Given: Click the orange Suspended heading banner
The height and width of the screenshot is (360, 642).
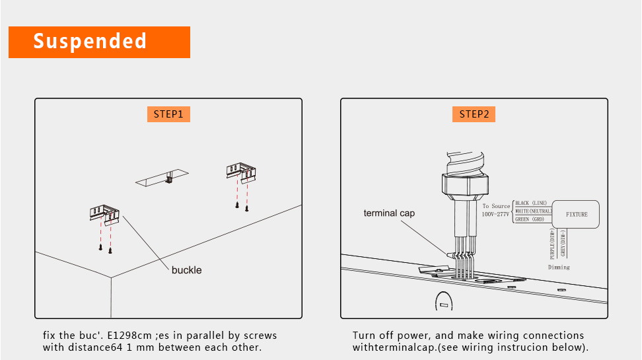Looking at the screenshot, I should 99,42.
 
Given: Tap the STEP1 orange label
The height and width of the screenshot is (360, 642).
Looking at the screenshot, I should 168,114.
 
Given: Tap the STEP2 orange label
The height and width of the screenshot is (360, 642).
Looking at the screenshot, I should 474,114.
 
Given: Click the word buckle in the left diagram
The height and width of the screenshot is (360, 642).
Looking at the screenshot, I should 186,270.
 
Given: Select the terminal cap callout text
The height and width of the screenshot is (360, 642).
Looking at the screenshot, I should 389,213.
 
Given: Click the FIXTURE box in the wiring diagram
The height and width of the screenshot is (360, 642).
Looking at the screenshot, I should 577,214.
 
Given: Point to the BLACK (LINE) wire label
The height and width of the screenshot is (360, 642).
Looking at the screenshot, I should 531,203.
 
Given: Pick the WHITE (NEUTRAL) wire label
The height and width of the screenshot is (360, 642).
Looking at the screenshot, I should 533,211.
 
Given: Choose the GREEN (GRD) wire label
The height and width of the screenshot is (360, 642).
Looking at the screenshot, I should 530,219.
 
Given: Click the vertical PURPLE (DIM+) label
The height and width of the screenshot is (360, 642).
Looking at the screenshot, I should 552,245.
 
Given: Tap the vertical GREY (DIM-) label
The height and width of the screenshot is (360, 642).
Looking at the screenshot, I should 563,244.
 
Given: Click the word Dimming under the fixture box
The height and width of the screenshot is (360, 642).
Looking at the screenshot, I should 558,268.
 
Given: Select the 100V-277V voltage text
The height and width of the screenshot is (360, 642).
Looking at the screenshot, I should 495,215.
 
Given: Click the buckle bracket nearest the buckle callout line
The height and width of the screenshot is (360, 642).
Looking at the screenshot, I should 104,214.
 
